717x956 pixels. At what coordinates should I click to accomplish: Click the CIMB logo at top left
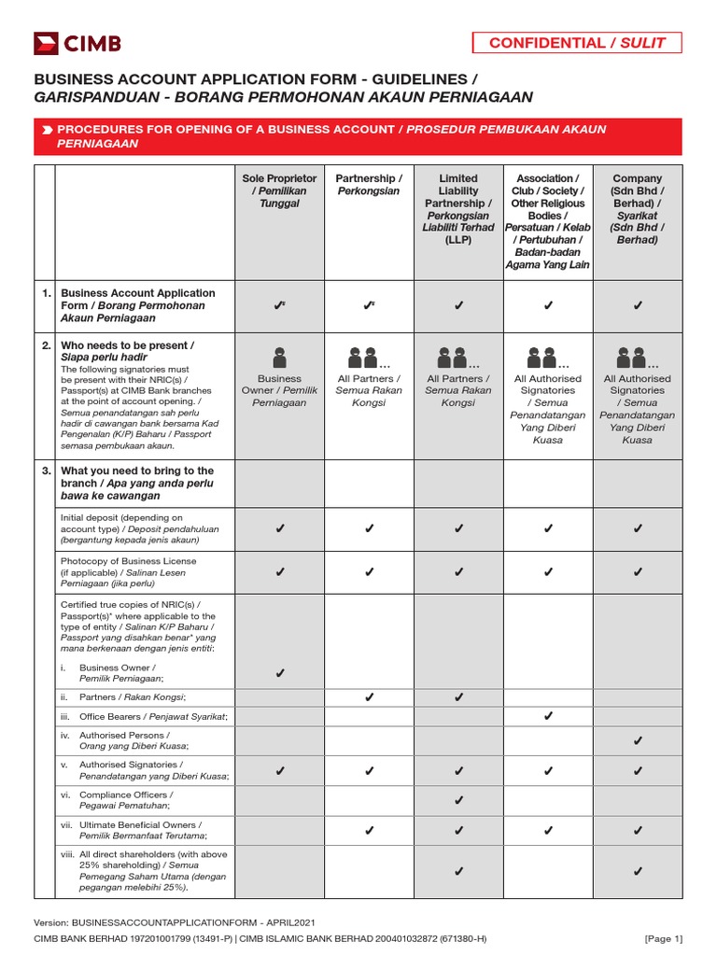(77, 43)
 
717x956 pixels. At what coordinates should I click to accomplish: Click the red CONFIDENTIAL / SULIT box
(576, 42)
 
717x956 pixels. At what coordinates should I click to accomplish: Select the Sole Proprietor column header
(279, 190)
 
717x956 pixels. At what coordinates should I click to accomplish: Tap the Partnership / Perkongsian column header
(369, 184)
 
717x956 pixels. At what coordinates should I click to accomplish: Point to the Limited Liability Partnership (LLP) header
(458, 208)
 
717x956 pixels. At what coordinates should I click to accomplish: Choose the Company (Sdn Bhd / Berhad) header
(638, 208)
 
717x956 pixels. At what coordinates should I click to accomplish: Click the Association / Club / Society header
(548, 221)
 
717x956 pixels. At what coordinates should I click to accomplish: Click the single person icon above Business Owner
(279, 357)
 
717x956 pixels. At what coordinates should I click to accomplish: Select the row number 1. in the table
(46, 293)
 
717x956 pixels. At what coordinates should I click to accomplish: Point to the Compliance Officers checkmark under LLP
(458, 800)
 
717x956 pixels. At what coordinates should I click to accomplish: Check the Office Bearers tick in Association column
(548, 716)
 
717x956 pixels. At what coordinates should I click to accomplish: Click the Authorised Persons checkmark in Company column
(638, 740)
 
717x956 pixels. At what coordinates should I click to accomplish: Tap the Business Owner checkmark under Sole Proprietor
(279, 673)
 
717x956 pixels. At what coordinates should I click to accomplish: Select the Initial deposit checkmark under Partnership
(369, 529)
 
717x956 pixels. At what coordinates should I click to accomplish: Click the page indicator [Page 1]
(663, 938)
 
